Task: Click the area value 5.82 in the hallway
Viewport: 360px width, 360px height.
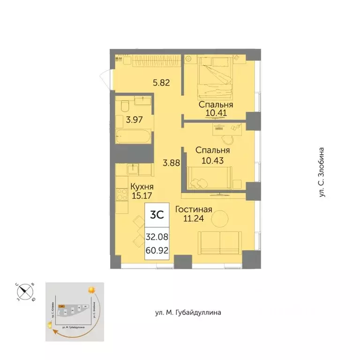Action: (x=161, y=83)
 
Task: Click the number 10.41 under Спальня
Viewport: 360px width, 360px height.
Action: (x=216, y=112)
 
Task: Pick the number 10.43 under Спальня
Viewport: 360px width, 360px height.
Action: (x=212, y=159)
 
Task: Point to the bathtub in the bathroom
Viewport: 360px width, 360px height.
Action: (x=134, y=138)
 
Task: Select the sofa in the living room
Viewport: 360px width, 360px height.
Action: (x=219, y=242)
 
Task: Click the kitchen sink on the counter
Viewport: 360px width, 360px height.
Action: (x=134, y=167)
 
